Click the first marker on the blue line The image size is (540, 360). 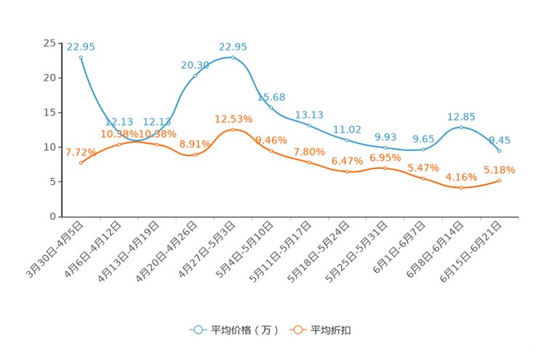point(81,57)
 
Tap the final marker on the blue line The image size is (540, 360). point(499,151)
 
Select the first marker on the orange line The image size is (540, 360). point(81,163)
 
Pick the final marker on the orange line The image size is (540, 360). point(499,181)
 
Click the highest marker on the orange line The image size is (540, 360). point(233,129)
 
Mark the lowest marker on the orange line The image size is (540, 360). point(461,188)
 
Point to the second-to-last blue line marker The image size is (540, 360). point(461,127)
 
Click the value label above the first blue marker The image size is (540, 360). point(80,46)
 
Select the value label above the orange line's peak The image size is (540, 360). point(233,118)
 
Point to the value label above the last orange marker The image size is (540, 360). point(499,169)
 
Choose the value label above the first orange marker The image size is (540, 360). point(80,152)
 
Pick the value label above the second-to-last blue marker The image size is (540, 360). point(461,116)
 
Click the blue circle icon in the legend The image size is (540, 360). point(198,330)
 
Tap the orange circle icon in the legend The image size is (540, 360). point(297,330)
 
